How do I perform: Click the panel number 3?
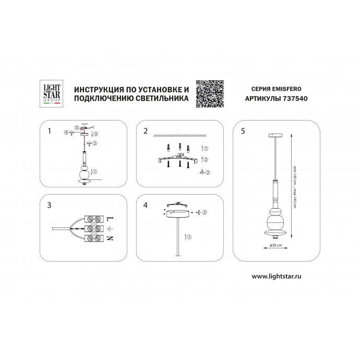click(x=50, y=205)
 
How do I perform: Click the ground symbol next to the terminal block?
click(x=111, y=229)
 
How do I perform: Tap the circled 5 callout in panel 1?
click(x=76, y=127)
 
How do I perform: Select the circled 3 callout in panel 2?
click(x=208, y=172)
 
